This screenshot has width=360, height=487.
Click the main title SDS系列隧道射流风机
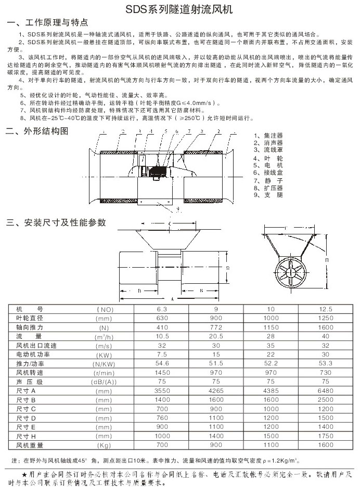[179, 9]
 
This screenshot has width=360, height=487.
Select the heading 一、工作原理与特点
[47, 23]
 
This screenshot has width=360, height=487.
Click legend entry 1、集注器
[268, 136]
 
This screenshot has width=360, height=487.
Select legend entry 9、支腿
[268, 195]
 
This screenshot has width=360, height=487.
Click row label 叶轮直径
[29, 318]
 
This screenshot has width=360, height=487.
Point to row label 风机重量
[29, 445]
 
